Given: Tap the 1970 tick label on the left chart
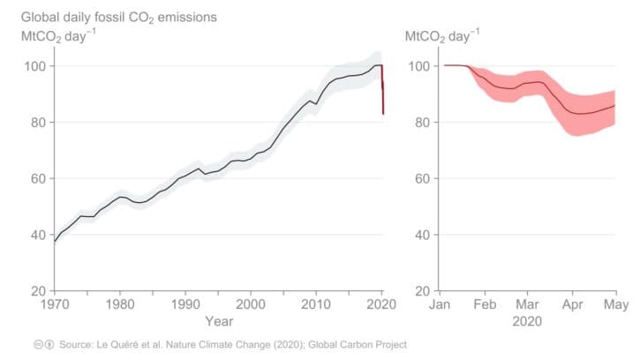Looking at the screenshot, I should (55, 306).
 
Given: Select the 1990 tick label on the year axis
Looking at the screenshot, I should (185, 306).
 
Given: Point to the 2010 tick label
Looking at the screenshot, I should (316, 306).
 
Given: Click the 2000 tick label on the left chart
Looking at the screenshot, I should (251, 306).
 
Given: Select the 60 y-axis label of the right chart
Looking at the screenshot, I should (421, 178).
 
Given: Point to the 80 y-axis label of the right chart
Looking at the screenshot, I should (421, 123).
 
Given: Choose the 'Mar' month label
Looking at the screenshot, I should (528, 306).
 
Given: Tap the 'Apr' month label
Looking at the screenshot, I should (572, 306).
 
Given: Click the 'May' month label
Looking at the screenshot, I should (615, 306).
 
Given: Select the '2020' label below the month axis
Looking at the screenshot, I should (529, 322).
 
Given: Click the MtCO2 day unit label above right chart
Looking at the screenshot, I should (444, 36).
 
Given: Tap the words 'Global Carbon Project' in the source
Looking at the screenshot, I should (357, 344).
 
